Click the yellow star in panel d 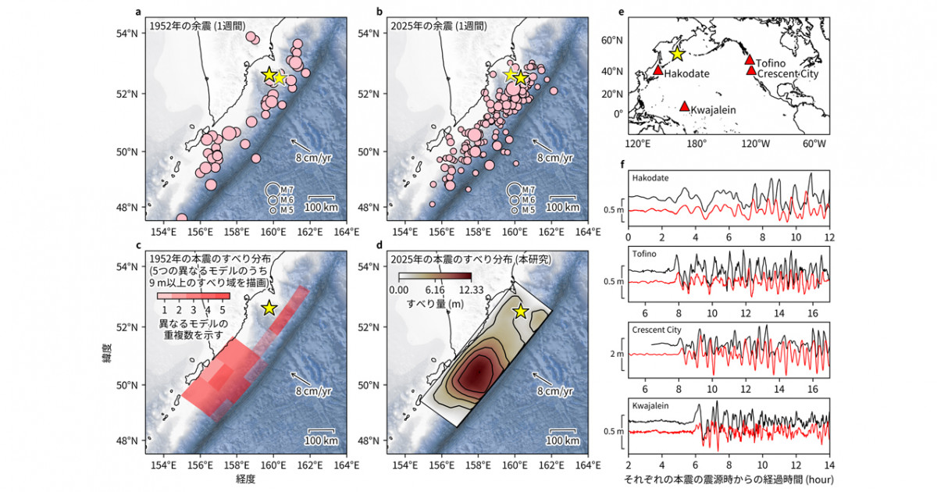coord(521,311)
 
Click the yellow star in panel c coord(269,308)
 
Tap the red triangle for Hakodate coord(657,70)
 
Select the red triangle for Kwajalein coord(685,106)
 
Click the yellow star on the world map coord(677,54)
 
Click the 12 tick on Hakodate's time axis coord(829,236)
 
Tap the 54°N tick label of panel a coord(127,36)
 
